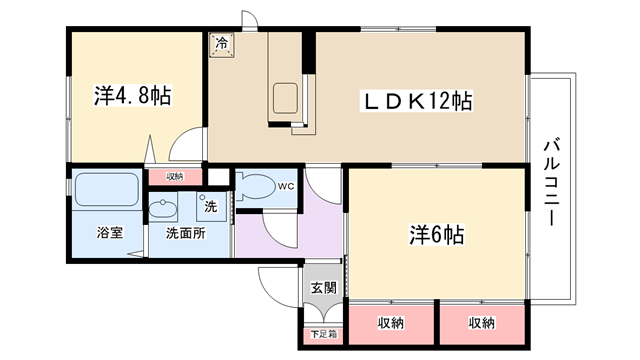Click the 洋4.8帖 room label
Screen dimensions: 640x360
pyautogui.click(x=133, y=96)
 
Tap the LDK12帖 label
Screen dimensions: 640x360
pyautogui.click(x=416, y=101)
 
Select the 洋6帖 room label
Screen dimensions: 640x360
pyautogui.click(x=437, y=235)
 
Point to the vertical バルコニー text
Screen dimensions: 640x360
pyautogui.click(x=552, y=182)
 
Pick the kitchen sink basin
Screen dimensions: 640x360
pyautogui.click(x=285, y=98)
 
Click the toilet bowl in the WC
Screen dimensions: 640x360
pyautogui.click(x=256, y=187)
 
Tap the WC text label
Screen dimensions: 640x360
pyautogui.click(x=286, y=187)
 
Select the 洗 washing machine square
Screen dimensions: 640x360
pyautogui.click(x=211, y=207)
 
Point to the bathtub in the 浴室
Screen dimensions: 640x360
pyautogui.click(x=107, y=189)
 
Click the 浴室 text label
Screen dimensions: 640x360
pyautogui.click(x=110, y=233)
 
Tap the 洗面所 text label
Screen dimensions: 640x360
pyautogui.click(x=186, y=233)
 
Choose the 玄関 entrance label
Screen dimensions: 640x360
pyautogui.click(x=324, y=288)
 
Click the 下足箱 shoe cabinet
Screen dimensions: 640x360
pyautogui.click(x=324, y=334)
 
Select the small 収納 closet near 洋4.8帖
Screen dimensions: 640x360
pyautogui.click(x=175, y=176)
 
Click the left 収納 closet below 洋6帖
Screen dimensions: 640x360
pyautogui.click(x=391, y=323)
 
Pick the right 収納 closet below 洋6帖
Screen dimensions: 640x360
pyautogui.click(x=482, y=323)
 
